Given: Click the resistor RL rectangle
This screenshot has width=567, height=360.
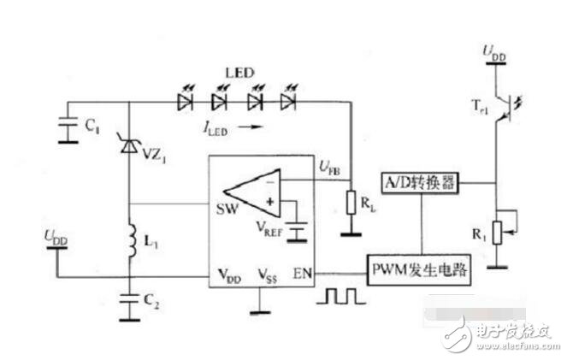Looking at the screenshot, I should pyautogui.click(x=349, y=203).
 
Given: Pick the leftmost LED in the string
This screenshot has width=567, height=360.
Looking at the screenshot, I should pyautogui.click(x=185, y=101).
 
